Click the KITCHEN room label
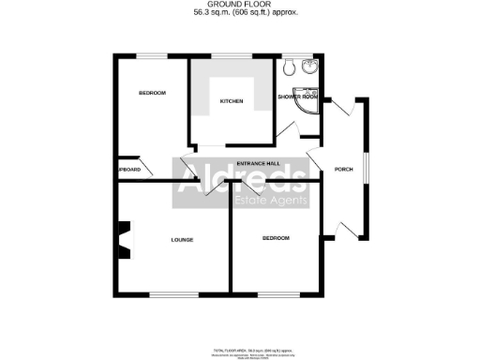point(232,100)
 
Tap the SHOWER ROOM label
point(297,97)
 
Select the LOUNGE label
point(182,240)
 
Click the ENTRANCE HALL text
point(259,164)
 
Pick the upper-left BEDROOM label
point(152,93)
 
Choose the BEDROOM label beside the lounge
point(276,239)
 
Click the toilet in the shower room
point(290,67)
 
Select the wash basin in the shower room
point(311,66)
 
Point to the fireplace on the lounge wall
point(123,238)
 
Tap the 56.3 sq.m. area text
point(239,14)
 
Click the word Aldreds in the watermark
point(242,175)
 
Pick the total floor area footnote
point(240,349)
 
